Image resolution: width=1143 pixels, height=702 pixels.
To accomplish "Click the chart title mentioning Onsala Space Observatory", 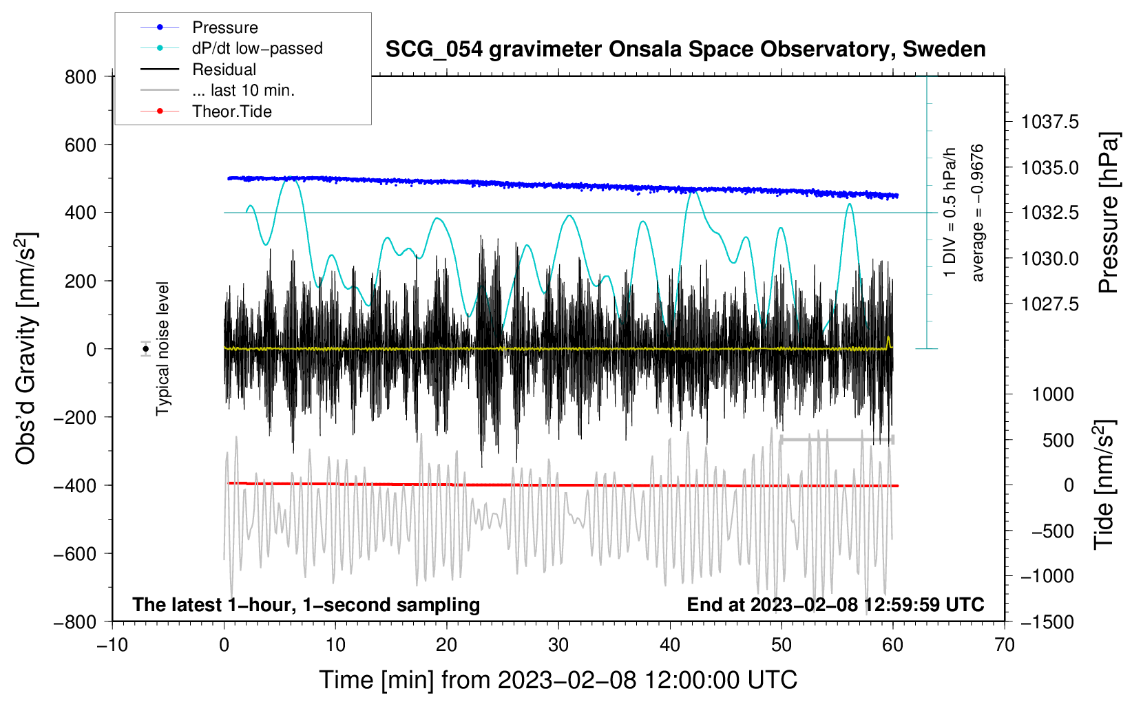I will (x=685, y=50).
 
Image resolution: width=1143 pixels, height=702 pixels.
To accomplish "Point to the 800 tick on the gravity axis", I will (x=81, y=77).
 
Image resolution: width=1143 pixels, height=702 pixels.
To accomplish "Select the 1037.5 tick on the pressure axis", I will (x=1050, y=123).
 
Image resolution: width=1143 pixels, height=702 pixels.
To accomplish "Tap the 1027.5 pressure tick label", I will (x=1050, y=304).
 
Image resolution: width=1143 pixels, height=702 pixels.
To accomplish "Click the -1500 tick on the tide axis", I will (x=1047, y=621).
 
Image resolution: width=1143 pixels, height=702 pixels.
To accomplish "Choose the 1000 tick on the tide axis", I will (x=1053, y=394).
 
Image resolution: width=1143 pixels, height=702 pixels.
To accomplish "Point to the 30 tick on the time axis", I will (x=558, y=645).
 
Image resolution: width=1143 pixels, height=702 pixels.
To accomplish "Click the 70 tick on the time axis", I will (x=1005, y=645).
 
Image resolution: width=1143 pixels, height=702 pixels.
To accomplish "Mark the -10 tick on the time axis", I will (x=112, y=645).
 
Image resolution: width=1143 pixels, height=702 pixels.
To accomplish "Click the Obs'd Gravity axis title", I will (x=26, y=348).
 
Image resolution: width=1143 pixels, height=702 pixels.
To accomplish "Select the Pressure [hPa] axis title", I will (x=1108, y=213).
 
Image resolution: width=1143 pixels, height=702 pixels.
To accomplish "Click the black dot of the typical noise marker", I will (x=146, y=349).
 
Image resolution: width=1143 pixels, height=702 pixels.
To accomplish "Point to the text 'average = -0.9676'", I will (x=978, y=213).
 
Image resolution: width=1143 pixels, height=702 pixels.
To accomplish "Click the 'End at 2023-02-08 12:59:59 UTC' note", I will (x=835, y=604).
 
